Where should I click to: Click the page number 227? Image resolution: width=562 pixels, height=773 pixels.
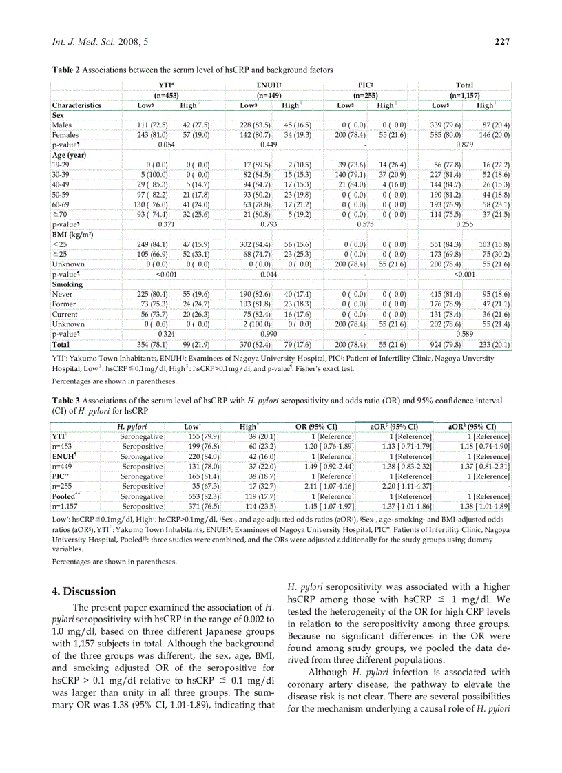tap(501, 43)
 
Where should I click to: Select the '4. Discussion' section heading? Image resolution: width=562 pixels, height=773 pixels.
tap(85, 591)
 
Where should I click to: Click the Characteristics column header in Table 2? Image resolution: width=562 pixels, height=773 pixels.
tap(76, 105)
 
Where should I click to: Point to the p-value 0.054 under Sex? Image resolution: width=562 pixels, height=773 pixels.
tap(166, 145)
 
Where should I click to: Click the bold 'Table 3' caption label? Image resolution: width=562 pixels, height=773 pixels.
tap(66, 400)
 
